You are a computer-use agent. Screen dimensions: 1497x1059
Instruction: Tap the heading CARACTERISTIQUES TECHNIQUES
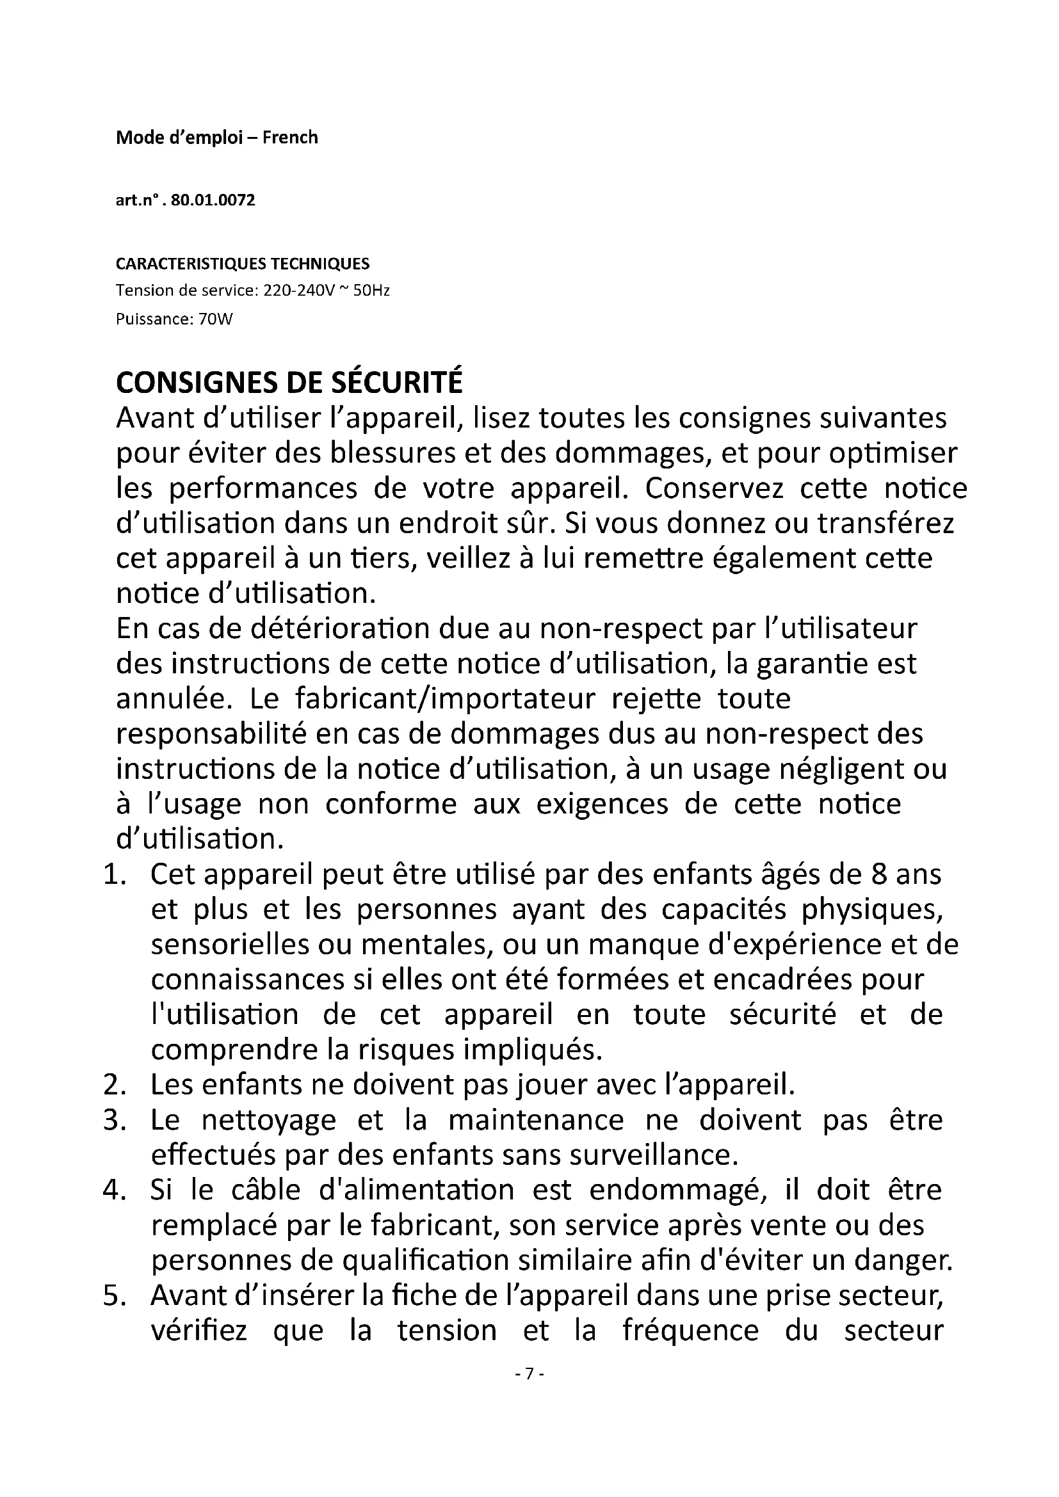click(243, 264)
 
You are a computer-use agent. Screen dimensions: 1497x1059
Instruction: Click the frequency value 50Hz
click(371, 291)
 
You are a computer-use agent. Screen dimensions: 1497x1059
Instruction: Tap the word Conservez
click(715, 489)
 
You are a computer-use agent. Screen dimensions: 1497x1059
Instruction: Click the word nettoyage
click(269, 1121)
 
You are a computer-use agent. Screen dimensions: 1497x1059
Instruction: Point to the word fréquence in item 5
click(691, 1331)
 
